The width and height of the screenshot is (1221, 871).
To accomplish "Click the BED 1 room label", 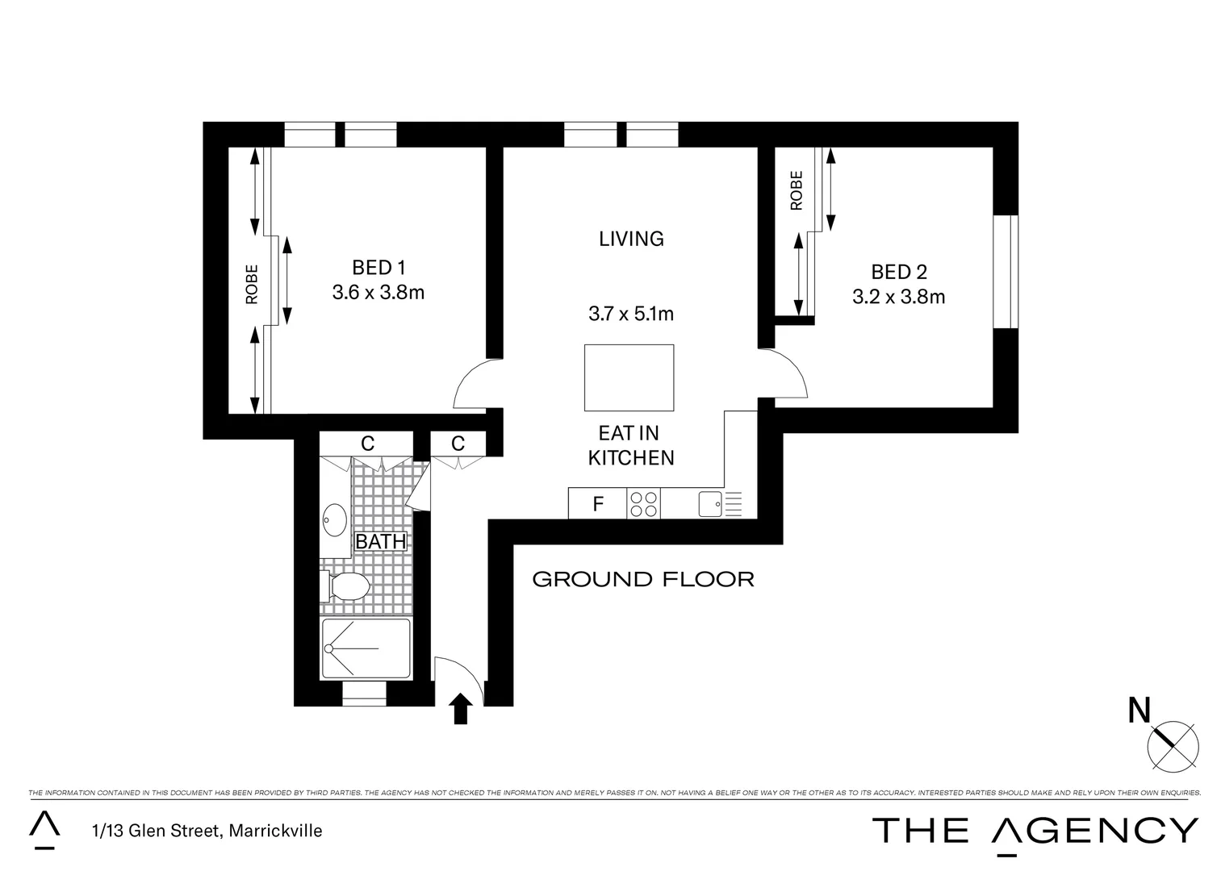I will click(x=378, y=268).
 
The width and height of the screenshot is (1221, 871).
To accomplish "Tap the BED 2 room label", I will click(x=897, y=273).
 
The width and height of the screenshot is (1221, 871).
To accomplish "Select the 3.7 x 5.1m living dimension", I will click(x=630, y=314).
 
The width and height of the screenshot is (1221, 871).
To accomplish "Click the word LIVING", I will click(x=631, y=239).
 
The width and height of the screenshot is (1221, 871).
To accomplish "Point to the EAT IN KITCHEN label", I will click(x=630, y=446).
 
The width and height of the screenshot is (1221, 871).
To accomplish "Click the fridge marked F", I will click(x=597, y=504).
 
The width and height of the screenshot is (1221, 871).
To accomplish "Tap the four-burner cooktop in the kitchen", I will click(x=643, y=504).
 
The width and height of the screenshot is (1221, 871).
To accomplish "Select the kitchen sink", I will click(x=710, y=504).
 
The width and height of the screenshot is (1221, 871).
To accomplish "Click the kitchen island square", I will click(x=629, y=377).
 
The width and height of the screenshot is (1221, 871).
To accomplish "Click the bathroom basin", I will click(x=334, y=519).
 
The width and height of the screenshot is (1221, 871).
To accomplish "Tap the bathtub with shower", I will click(x=366, y=648).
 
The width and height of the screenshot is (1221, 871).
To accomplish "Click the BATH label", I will click(x=380, y=542).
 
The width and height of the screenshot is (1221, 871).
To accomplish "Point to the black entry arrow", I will click(x=460, y=708).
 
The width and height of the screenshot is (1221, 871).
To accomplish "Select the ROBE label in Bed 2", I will click(x=797, y=190).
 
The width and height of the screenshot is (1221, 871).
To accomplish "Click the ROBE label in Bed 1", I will click(x=252, y=284).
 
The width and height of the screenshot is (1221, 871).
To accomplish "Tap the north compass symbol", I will click(x=1172, y=744).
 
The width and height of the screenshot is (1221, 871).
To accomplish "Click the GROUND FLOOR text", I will click(x=643, y=579).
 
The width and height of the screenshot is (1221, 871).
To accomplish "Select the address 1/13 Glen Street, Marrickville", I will click(x=207, y=831).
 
